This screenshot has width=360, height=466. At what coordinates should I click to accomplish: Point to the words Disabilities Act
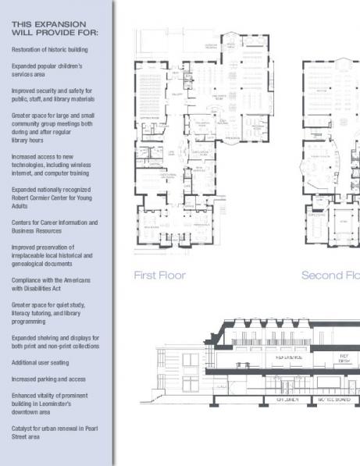46,286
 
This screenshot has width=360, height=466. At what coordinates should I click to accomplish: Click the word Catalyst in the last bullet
23,428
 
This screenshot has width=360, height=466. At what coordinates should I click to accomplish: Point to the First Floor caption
159,275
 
